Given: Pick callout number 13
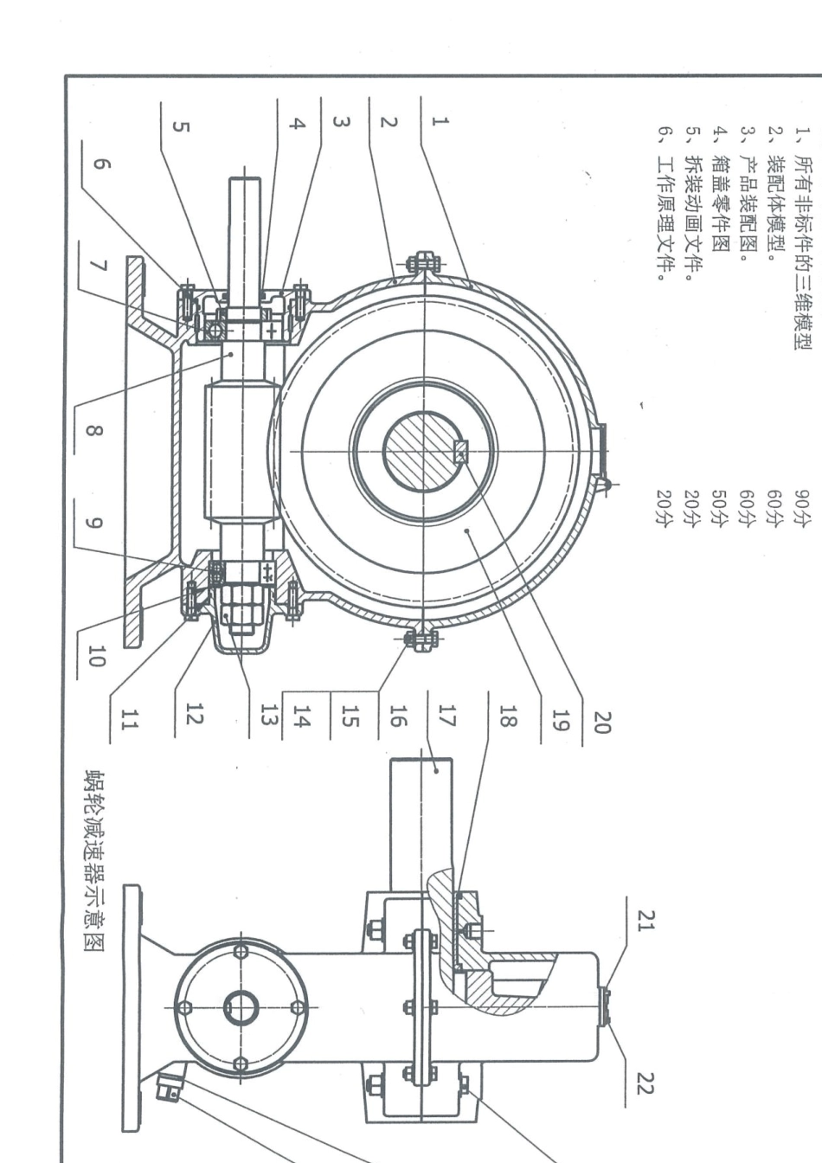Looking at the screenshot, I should pos(269,715).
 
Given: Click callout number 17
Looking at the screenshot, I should pos(446,715).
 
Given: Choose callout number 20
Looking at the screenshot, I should pos(602,723).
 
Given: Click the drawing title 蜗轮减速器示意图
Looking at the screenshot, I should pos(94,865).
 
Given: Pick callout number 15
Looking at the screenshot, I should pos(350,716).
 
